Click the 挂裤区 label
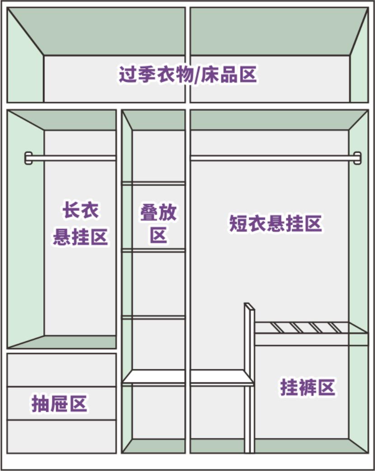click(x=307, y=388)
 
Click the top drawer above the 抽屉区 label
click(x=61, y=370)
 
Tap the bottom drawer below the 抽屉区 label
click(x=61, y=436)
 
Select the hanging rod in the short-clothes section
click(x=271, y=158)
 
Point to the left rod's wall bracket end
click(x=28, y=158)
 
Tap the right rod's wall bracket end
click(x=357, y=158)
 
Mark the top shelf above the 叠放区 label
click(x=154, y=183)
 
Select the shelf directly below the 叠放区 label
click(x=154, y=250)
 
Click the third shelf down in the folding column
click(x=154, y=317)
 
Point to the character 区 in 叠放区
click(x=159, y=235)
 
